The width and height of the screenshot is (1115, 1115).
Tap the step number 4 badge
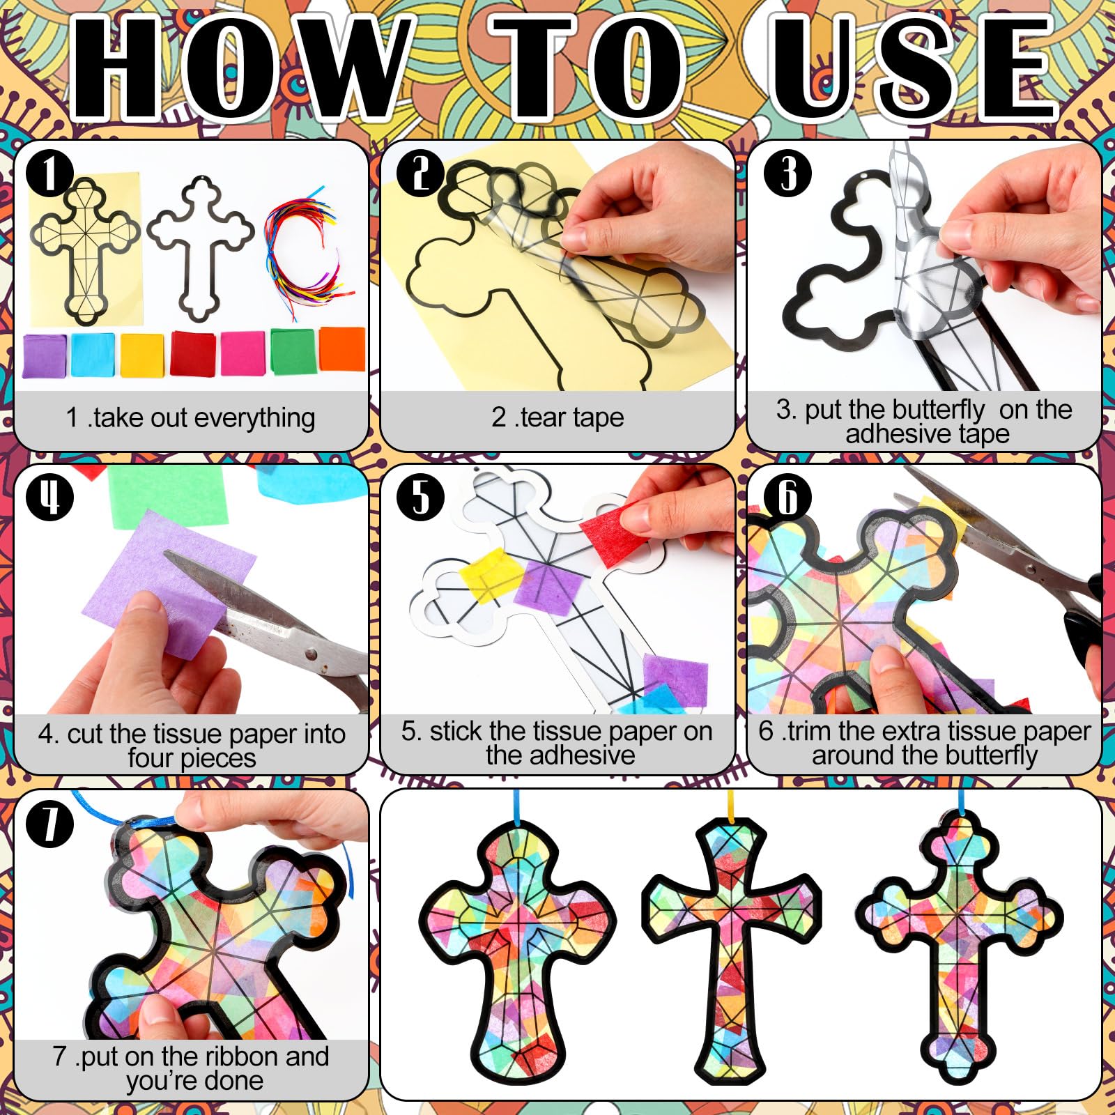point(49,497)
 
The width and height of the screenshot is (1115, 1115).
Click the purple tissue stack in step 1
point(45,355)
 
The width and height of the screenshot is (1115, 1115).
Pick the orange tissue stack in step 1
point(342,348)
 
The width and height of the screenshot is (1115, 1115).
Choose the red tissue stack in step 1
point(193,353)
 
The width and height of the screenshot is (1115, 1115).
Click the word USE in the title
point(913,70)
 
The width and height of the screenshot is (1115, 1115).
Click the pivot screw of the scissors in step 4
point(311,654)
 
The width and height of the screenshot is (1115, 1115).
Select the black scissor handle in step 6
point(1087,627)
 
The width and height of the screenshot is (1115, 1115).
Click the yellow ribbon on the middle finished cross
point(731,805)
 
